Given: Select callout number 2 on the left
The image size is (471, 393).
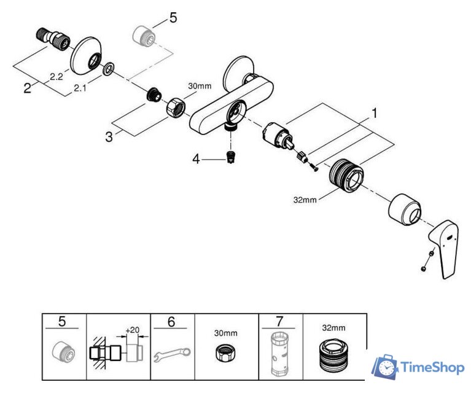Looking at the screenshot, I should click(27, 88).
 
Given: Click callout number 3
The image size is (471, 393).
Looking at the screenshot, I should click(109, 136).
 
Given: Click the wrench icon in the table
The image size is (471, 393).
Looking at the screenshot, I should click(172, 354).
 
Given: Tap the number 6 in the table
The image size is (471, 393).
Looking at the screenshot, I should click(171, 321).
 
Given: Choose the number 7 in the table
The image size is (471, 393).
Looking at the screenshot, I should click(280, 321).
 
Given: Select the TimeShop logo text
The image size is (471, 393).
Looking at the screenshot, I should click(432, 367).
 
